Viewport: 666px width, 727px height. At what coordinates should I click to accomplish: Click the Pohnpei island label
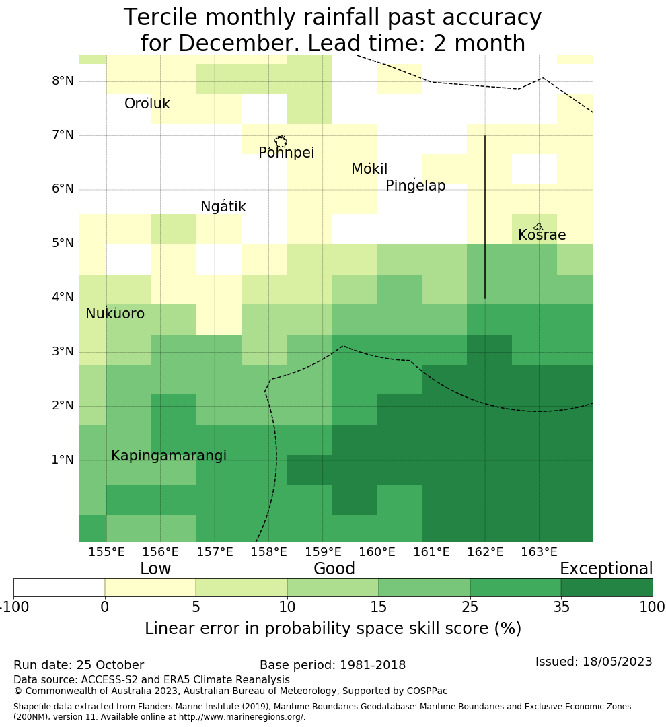pos(286,153)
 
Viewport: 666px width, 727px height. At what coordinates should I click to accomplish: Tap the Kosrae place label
pos(542,236)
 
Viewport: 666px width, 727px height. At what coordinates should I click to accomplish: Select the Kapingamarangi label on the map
pos(168,456)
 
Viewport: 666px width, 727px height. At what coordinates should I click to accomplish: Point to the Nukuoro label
pos(115,314)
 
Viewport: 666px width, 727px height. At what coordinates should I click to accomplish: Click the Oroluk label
pos(147,104)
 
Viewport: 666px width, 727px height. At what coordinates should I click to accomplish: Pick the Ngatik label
pos(223,207)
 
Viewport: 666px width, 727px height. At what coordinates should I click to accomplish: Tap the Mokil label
pos(369,170)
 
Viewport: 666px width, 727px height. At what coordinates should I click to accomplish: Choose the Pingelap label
pos(415,186)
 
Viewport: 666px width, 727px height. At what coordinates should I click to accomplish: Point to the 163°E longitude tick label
pos(539,553)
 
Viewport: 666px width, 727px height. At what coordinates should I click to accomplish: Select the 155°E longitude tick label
pos(106,553)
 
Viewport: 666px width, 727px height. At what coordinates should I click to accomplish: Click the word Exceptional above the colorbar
pos(605,569)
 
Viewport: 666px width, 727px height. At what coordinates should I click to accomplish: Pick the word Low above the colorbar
pos(155,569)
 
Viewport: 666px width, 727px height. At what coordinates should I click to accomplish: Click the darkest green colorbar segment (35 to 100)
pos(606,588)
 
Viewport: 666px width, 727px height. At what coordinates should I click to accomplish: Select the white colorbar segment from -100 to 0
pos(59,588)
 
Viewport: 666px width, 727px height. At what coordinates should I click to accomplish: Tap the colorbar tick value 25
pos(470,608)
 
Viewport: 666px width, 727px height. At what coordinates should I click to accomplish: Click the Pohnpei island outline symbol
pos(281,141)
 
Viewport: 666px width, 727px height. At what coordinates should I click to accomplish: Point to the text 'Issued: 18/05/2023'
pos(593,662)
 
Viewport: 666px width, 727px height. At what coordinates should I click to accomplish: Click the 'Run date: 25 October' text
pos(79,666)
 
